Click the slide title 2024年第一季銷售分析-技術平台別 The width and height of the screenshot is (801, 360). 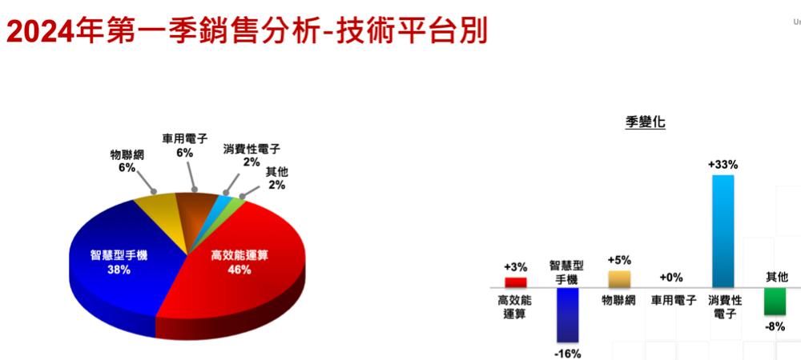(x=247, y=30)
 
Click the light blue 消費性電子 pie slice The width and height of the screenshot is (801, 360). (x=223, y=200)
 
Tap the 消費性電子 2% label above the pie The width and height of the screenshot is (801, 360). (x=252, y=155)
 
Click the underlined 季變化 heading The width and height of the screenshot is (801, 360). (x=645, y=122)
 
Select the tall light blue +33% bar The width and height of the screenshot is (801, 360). (x=723, y=231)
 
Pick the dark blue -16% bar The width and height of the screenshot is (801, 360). (x=568, y=314)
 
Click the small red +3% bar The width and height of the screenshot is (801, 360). (x=515, y=282)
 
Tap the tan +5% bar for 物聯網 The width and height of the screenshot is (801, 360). (x=619, y=279)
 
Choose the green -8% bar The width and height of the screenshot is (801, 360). (x=775, y=302)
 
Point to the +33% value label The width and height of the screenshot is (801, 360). (x=723, y=166)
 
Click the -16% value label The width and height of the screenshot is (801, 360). (x=568, y=354)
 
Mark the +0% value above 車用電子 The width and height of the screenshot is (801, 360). (x=670, y=278)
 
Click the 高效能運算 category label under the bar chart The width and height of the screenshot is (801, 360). (x=515, y=307)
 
